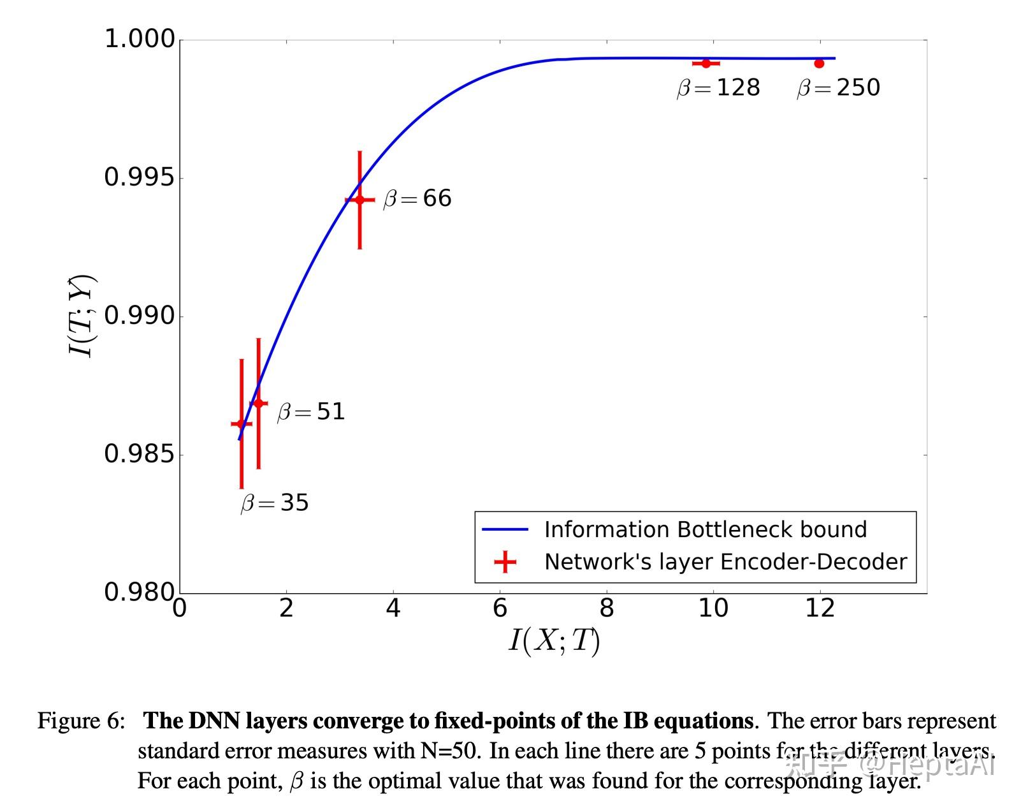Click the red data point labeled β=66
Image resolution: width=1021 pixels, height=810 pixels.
[x=359, y=200]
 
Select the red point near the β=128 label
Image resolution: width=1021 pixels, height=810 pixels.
[x=706, y=63]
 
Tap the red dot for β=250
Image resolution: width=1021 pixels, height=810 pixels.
[x=819, y=63]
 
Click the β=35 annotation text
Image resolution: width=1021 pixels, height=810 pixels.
[x=275, y=503]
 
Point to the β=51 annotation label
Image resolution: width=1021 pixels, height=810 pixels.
[x=311, y=412]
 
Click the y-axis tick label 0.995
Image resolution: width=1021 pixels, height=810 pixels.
[x=139, y=177]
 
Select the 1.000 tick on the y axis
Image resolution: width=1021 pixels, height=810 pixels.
[x=139, y=39]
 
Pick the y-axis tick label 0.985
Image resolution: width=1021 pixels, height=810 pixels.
[x=139, y=454]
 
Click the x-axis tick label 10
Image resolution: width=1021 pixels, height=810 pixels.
[x=713, y=608]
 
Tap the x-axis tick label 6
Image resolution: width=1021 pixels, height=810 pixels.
[x=500, y=608]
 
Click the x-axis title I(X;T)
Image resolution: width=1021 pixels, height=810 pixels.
[x=554, y=640]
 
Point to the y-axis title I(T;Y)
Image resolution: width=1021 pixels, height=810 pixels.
[x=82, y=316]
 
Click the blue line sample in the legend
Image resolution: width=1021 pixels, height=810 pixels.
[x=505, y=529]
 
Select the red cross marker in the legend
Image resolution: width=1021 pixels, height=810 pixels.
[x=505, y=562]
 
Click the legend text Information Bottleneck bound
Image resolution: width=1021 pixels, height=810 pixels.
[x=705, y=529]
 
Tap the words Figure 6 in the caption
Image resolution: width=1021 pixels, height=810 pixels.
[x=80, y=721]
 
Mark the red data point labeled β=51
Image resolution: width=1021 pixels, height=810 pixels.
[x=258, y=403]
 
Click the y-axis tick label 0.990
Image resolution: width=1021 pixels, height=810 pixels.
[x=139, y=316]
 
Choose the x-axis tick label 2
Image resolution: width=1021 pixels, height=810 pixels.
[x=286, y=608]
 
